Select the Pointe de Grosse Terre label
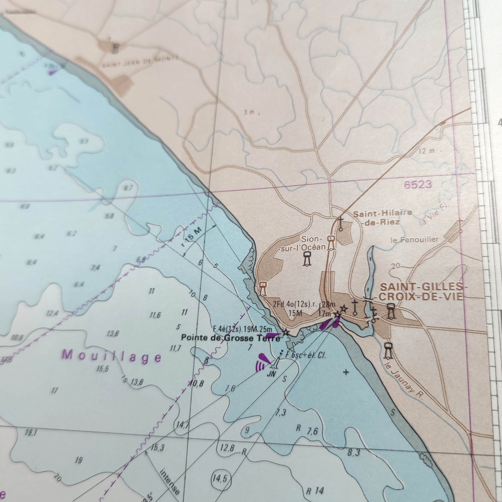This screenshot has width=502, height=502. pyautogui.click(x=230, y=338)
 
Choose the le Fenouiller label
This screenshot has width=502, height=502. pyautogui.click(x=414, y=239)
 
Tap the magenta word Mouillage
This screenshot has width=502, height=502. pyautogui.click(x=111, y=356)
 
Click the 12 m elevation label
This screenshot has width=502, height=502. pyautogui.click(x=426, y=151)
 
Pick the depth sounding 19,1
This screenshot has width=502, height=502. pyautogui.click(x=31, y=433)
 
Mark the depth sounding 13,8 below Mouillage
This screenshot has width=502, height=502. pyautogui.click(x=137, y=382)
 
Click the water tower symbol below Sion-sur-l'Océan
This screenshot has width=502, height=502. pyautogui.click(x=307, y=259)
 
